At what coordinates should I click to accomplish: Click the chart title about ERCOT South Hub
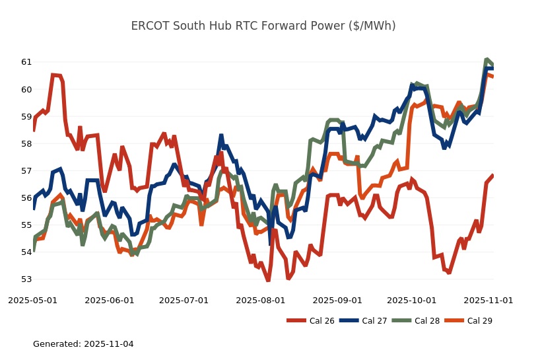tap(269, 26)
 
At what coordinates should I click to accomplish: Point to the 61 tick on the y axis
tap(26, 62)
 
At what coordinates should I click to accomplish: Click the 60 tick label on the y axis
tap(26, 89)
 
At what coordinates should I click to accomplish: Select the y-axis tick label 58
tap(26, 143)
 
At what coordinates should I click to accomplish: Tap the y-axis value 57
tap(26, 170)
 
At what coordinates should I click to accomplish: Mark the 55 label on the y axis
tap(26, 225)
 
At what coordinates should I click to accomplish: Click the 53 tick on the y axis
tap(26, 279)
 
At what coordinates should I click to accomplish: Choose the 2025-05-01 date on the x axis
tap(32, 300)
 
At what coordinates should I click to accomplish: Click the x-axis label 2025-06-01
tap(110, 300)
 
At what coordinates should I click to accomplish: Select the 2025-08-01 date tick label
tap(261, 300)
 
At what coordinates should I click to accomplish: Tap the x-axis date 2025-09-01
tap(337, 300)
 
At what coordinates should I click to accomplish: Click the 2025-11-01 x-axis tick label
tap(489, 300)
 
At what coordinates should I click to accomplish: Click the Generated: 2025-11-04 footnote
tap(83, 344)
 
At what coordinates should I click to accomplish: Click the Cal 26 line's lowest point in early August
tap(268, 280)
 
